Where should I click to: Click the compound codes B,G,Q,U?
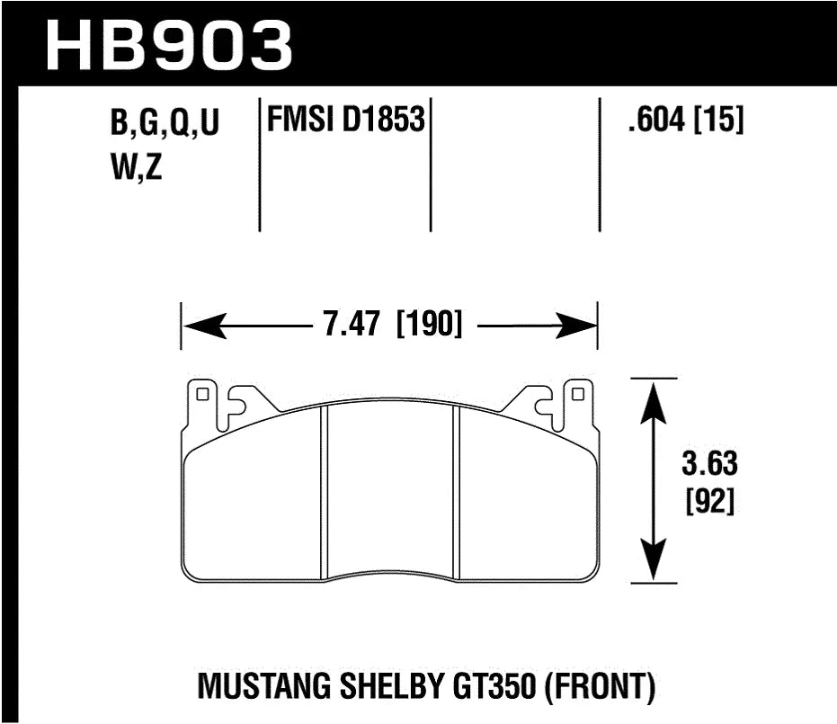click(165, 125)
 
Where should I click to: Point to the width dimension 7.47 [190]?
click(389, 323)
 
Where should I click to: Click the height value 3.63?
click(709, 465)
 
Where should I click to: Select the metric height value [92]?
click(709, 502)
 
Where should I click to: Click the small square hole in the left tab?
click(202, 393)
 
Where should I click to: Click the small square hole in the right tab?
click(577, 393)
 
